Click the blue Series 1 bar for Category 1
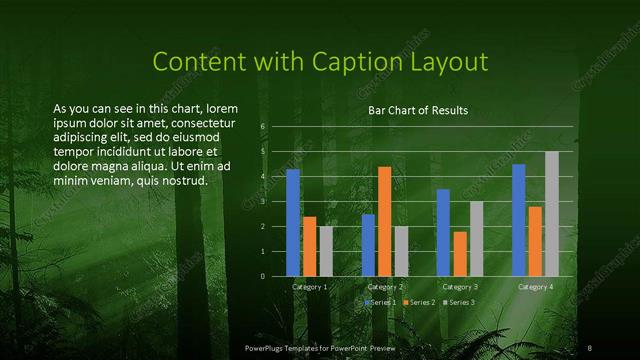pyautogui.click(x=293, y=222)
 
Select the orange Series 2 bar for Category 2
pyautogui.click(x=385, y=221)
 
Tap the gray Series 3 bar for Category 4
pyautogui.click(x=552, y=213)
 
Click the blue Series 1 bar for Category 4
pyautogui.click(x=519, y=220)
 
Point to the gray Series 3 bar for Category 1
pyautogui.click(x=326, y=251)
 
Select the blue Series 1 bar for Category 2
pyautogui.click(x=368, y=245)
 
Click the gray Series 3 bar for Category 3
pyautogui.click(x=477, y=238)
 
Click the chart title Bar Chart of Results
pyautogui.click(x=418, y=110)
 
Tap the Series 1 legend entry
pyautogui.click(x=382, y=302)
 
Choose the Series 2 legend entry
pyautogui.click(x=420, y=302)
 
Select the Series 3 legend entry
pyautogui.click(x=459, y=302)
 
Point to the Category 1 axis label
pyautogui.click(x=310, y=287)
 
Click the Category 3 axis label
pyautogui.click(x=460, y=287)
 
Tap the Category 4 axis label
pyautogui.click(x=536, y=287)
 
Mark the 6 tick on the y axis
pyautogui.click(x=262, y=127)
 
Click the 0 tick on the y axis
pyautogui.click(x=262, y=276)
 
